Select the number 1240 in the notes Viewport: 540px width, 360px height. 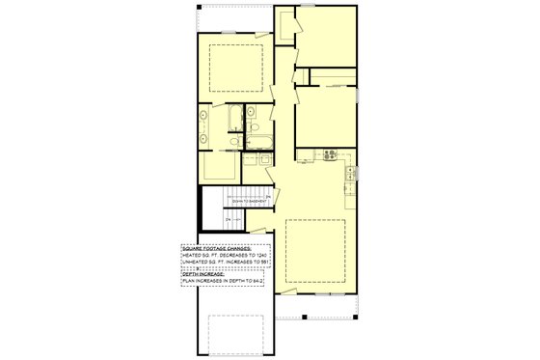tap(256, 255)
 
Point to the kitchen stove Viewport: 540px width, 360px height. tap(329, 154)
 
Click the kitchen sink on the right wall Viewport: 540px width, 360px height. tap(352, 173)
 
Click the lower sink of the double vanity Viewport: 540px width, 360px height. tap(203, 138)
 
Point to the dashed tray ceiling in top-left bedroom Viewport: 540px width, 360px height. tap(232, 65)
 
